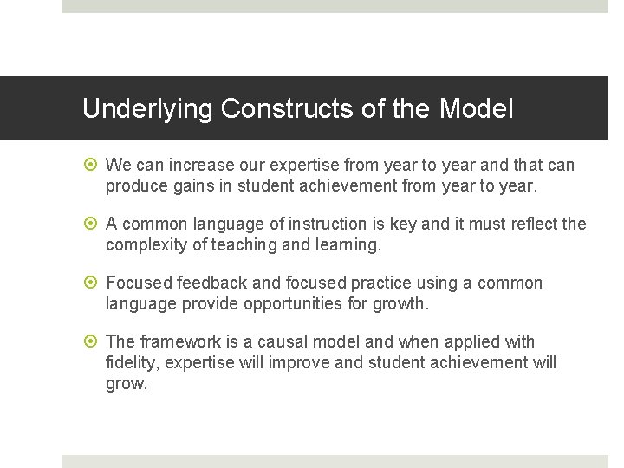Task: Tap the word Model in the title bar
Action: pos(476,109)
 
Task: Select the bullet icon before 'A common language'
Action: pos(93,224)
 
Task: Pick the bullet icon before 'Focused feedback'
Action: pos(93,283)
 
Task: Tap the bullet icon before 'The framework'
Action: pos(93,342)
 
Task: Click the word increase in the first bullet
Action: pos(197,165)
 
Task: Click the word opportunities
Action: pos(298,303)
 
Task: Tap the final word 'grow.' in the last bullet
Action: pos(127,383)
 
